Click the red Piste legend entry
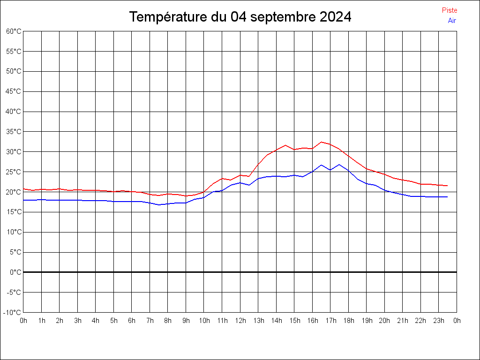(449, 10)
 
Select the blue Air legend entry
(452, 21)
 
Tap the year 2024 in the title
(335, 17)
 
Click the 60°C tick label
(14, 31)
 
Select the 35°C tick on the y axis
(14, 132)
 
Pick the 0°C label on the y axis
(15, 272)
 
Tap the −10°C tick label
(13, 312)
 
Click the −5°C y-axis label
(14, 292)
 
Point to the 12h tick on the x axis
(240, 321)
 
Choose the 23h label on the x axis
(439, 321)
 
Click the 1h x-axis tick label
(41, 321)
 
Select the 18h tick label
(348, 321)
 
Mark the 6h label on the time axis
(132, 321)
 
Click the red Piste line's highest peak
(321, 142)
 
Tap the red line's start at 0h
(23, 188)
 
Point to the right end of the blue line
(447, 197)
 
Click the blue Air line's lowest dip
(159, 205)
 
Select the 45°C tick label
(14, 91)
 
